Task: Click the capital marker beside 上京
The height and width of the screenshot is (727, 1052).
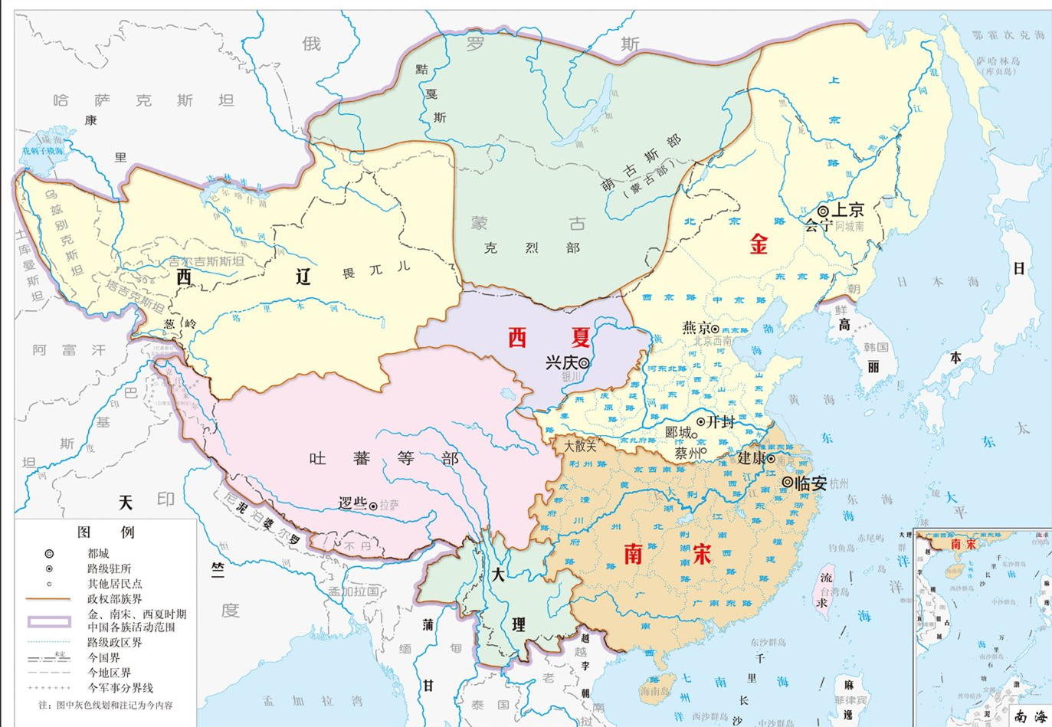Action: coord(823,211)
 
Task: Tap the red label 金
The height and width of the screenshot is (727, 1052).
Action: coord(759,244)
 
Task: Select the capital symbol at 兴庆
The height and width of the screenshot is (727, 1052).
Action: coord(584,363)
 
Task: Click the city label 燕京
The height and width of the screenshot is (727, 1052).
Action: coord(696,328)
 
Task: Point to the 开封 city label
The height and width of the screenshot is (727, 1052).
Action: coord(721,421)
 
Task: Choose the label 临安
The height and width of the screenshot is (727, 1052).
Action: coord(811,483)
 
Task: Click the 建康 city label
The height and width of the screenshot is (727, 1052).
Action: coord(751,458)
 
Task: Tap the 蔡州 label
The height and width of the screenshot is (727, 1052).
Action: coord(687,453)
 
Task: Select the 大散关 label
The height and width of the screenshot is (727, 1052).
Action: coord(580,445)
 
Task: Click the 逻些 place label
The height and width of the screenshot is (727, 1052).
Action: coord(352,503)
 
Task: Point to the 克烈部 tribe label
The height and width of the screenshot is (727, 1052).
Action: coord(531,247)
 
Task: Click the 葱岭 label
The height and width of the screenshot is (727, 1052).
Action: coord(179,323)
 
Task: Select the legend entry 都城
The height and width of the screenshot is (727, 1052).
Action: coord(98,553)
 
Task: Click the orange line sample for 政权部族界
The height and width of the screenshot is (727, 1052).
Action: coord(48,598)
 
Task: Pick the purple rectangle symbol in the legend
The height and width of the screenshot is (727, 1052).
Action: coord(48,621)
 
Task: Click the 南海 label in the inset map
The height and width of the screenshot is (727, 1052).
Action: coord(1031,716)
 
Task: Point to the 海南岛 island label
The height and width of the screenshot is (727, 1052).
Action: coord(655,691)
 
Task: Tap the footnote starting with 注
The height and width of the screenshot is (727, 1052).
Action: coord(106,705)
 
